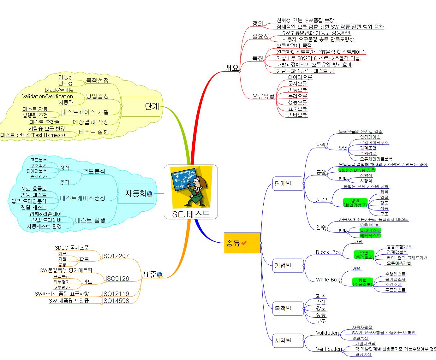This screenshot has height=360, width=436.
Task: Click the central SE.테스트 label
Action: [x=191, y=214]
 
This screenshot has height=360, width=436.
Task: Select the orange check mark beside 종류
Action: [x=244, y=243]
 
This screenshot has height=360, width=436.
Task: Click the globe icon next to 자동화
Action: [x=149, y=193]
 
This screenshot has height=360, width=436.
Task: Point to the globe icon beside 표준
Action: [x=159, y=275]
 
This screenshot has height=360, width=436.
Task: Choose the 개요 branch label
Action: [x=231, y=68]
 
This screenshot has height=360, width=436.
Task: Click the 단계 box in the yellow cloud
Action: [x=140, y=106]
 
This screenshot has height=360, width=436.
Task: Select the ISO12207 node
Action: [x=115, y=256]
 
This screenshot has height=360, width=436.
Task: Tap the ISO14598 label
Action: [x=115, y=301]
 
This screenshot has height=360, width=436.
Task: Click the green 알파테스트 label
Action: [x=370, y=230]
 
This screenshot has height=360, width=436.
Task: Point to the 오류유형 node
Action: [x=263, y=96]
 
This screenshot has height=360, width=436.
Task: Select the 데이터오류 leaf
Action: [x=300, y=77]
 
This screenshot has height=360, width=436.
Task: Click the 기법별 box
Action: [x=283, y=266]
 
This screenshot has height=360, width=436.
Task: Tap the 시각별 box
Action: [x=283, y=341]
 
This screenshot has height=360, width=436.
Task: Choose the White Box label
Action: [x=328, y=280]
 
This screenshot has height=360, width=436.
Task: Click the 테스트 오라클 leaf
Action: [x=45, y=122]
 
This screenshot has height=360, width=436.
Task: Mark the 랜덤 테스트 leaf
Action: [x=34, y=207]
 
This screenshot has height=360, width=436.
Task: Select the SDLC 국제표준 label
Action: [x=72, y=248]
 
